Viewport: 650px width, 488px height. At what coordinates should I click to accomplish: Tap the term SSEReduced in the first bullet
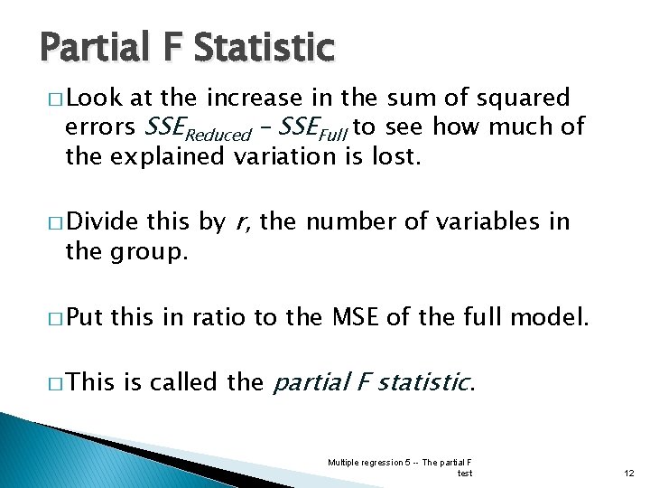[x=198, y=128]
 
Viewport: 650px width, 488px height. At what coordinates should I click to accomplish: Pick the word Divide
[x=102, y=221]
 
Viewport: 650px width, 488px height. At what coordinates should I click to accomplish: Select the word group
[x=152, y=252]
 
